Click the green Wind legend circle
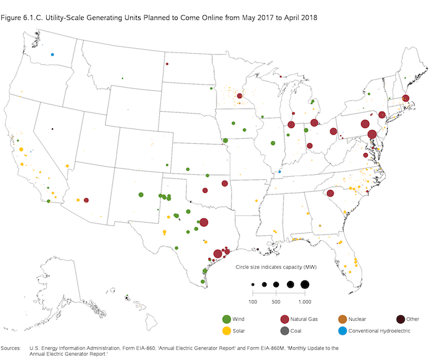coord(227,319)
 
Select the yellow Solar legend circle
coord(227,330)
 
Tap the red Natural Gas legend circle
coord(285,319)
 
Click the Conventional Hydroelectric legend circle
coord(343,330)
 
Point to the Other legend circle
coord(400,319)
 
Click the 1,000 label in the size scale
coord(304,301)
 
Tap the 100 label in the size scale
coord(252,301)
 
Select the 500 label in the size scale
coord(276,301)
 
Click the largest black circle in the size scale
coord(305,285)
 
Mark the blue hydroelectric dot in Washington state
coord(53,54)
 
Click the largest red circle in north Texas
coord(204,223)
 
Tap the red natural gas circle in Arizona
coord(86,200)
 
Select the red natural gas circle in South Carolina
coord(330,193)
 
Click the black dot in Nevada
coord(52,128)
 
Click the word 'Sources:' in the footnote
coord(13,349)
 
